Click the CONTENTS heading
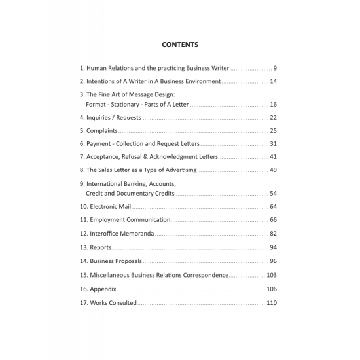point(180,45)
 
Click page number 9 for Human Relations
point(275,68)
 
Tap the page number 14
point(273,81)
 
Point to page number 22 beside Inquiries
point(273,118)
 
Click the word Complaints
point(102,131)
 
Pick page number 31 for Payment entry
point(273,144)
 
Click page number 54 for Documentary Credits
point(273,194)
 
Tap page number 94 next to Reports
point(273,247)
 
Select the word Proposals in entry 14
point(126,261)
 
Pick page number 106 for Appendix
point(272,289)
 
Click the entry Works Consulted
point(113,303)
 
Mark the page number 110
point(272,303)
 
